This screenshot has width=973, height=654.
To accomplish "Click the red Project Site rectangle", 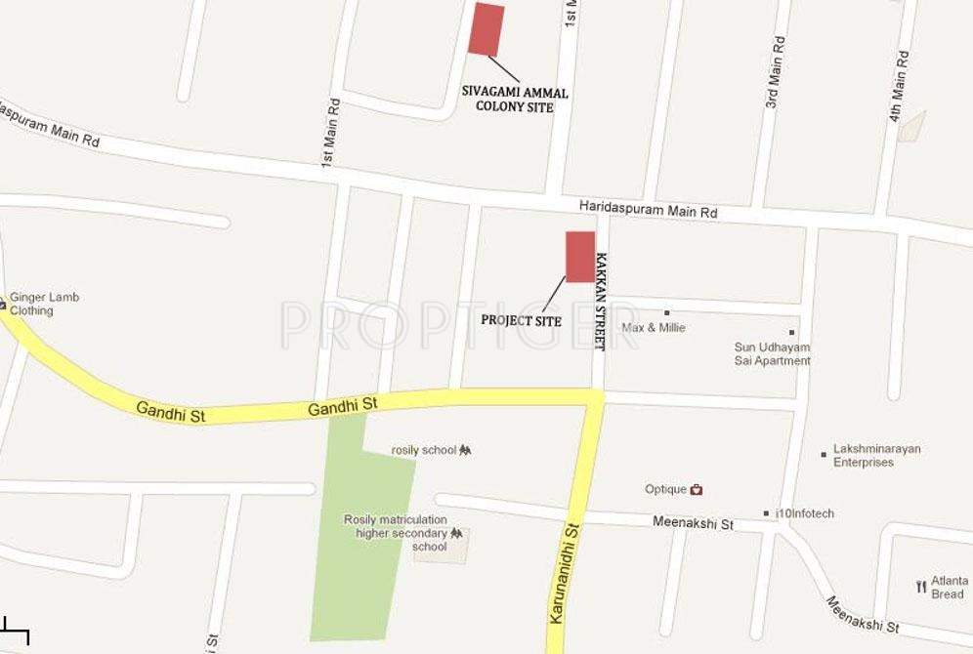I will (x=580, y=257).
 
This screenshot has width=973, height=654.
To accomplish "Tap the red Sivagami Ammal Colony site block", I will (x=486, y=29).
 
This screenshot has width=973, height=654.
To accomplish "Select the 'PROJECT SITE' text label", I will (x=522, y=320).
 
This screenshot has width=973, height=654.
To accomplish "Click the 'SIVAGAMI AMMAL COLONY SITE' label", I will (x=515, y=99).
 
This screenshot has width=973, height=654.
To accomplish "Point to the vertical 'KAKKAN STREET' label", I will (x=601, y=302).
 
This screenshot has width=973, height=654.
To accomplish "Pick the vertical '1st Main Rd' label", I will (x=331, y=131).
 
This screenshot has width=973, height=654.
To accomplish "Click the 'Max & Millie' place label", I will (x=654, y=328).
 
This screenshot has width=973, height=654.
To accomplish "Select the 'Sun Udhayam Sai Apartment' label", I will (x=772, y=353).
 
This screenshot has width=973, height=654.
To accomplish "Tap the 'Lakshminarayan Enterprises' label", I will (x=876, y=456).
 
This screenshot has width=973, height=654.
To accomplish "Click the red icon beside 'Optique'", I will (x=697, y=490).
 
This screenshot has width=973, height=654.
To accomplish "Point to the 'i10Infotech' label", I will (x=804, y=513).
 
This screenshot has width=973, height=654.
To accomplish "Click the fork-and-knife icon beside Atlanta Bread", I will (x=921, y=587).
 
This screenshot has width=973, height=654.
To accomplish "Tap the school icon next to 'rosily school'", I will (x=465, y=450).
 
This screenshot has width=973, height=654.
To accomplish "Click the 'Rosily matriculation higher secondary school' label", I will (x=396, y=533).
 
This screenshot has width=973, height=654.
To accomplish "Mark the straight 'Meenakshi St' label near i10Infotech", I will (x=693, y=524).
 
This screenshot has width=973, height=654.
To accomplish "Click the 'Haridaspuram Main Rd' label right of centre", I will (x=648, y=210).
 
